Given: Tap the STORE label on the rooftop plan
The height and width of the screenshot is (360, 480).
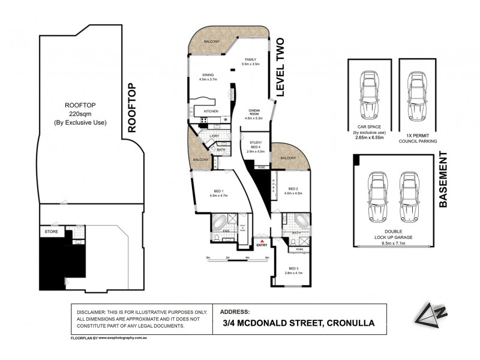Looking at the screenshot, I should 50,230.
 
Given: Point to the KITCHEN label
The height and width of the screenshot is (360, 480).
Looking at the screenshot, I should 211,112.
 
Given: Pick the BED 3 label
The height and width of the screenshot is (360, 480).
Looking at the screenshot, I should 293,271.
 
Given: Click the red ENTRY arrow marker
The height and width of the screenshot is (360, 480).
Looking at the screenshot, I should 262,240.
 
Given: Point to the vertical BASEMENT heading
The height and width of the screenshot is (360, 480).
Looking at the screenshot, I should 444,180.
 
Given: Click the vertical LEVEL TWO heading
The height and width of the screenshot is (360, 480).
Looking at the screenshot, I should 279,67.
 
